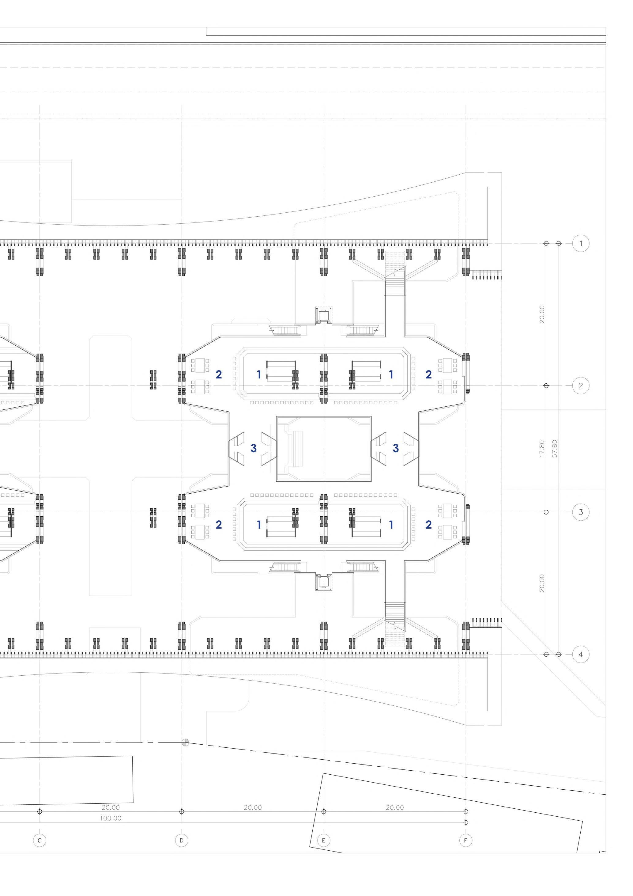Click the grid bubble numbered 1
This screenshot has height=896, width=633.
click(580, 244)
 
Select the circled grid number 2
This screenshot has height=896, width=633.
click(580, 385)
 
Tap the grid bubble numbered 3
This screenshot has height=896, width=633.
click(580, 512)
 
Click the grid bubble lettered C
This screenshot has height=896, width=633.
click(40, 840)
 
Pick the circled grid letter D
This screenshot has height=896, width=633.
click(181, 840)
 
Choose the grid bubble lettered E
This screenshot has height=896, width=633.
click(323, 840)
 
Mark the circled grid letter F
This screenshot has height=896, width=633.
click(465, 840)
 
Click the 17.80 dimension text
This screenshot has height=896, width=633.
click(542, 449)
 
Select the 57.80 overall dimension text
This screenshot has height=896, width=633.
click(555, 449)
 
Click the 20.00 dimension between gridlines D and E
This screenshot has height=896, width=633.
click(253, 807)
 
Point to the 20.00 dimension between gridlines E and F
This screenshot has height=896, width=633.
click(395, 807)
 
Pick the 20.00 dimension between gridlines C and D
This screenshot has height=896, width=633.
click(110, 807)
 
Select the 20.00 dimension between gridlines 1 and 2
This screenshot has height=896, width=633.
click(542, 314)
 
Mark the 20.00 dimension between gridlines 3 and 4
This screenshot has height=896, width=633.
click(542, 583)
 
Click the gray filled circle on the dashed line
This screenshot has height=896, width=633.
click(186, 742)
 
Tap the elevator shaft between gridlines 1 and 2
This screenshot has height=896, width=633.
click(323, 315)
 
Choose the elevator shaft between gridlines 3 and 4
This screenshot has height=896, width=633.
click(323, 582)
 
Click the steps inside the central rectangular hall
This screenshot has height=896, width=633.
click(296, 449)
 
